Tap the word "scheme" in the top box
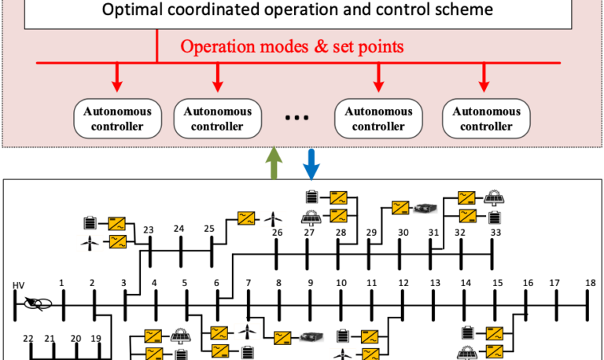tap(464, 10)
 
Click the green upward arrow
tap(274, 163)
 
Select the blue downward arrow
tap(311, 163)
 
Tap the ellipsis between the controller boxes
tap(296, 119)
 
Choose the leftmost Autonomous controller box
tap(118, 119)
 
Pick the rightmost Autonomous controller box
tap(486, 119)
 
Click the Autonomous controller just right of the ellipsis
tap(378, 119)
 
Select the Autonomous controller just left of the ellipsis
tap(217, 119)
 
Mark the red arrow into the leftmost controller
tap(117, 77)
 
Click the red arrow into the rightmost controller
tap(484, 77)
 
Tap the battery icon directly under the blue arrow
tap(311, 197)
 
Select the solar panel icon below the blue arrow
tap(311, 218)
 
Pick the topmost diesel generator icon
tap(425, 208)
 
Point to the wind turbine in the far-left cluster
tap(90, 243)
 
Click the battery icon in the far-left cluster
tap(90, 223)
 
